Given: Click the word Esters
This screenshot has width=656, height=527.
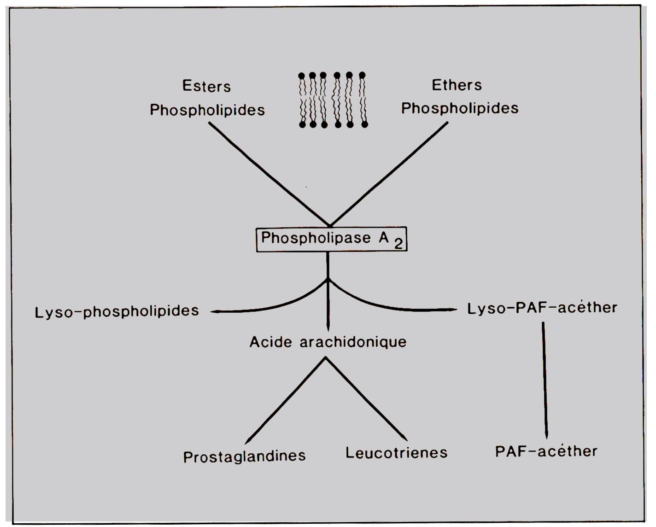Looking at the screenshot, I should (206, 86).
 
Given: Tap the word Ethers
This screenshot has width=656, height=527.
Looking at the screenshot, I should (457, 85).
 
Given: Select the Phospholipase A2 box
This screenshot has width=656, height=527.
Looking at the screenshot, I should (331, 239).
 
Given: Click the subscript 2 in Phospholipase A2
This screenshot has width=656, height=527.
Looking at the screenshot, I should (398, 244).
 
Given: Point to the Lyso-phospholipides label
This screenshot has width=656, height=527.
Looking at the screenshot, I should (117, 311).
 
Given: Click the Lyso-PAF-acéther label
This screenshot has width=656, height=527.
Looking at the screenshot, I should (542, 308).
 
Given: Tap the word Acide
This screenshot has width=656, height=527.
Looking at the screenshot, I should (271, 342).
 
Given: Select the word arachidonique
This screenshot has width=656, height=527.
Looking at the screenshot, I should (353, 342).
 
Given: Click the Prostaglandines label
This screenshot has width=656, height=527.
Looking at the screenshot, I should (244, 456).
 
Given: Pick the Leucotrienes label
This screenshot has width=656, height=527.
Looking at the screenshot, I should (396, 453).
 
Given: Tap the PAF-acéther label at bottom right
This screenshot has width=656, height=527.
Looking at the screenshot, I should (546, 451).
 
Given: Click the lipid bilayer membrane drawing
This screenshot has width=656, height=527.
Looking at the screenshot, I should (333, 100).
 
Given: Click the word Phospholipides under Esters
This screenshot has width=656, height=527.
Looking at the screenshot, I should (207, 110).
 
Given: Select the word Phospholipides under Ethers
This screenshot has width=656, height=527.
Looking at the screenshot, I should (460, 108).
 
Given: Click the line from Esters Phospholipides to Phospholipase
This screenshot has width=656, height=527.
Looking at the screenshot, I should (269, 174).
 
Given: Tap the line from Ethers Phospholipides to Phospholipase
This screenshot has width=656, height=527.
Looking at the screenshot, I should (389, 174).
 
